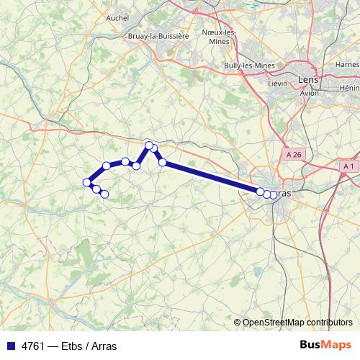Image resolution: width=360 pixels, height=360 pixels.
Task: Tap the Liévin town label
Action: [277, 84]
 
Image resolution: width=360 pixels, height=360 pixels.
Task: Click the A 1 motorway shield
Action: [348, 166]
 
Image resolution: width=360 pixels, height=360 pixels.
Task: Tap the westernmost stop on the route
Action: [87, 181]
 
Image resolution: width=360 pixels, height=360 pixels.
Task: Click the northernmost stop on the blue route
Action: [149, 145]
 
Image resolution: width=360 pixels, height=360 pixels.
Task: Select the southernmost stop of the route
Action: [104, 194]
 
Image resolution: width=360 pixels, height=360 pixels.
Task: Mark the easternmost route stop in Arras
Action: [273, 194]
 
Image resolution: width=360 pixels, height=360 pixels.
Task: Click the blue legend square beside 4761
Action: [10, 346]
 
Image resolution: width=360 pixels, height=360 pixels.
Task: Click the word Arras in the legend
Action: [104, 346]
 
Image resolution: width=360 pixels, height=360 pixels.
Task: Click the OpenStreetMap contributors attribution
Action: [297, 323]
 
